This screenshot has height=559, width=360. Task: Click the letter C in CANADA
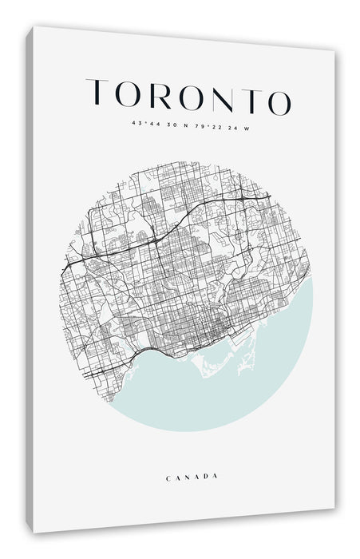pyautogui.click(x=168, y=477)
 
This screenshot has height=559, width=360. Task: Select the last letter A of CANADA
pyautogui.click(x=215, y=478)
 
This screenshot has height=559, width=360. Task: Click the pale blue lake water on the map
pyautogui.click(x=239, y=383)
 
